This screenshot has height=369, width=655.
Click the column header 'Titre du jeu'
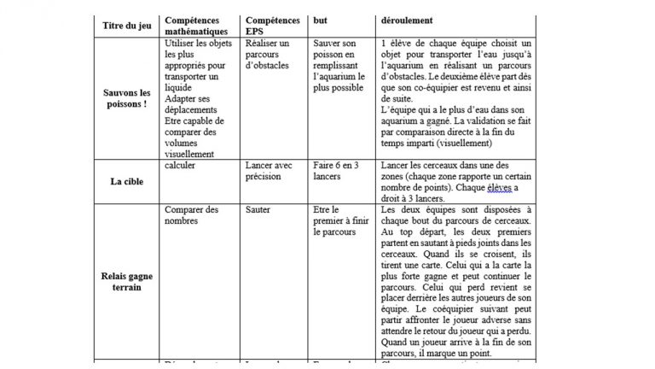point(127,25)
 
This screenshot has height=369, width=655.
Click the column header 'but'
point(321,18)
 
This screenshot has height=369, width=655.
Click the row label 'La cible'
point(126,181)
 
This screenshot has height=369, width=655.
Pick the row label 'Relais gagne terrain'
point(126,281)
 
